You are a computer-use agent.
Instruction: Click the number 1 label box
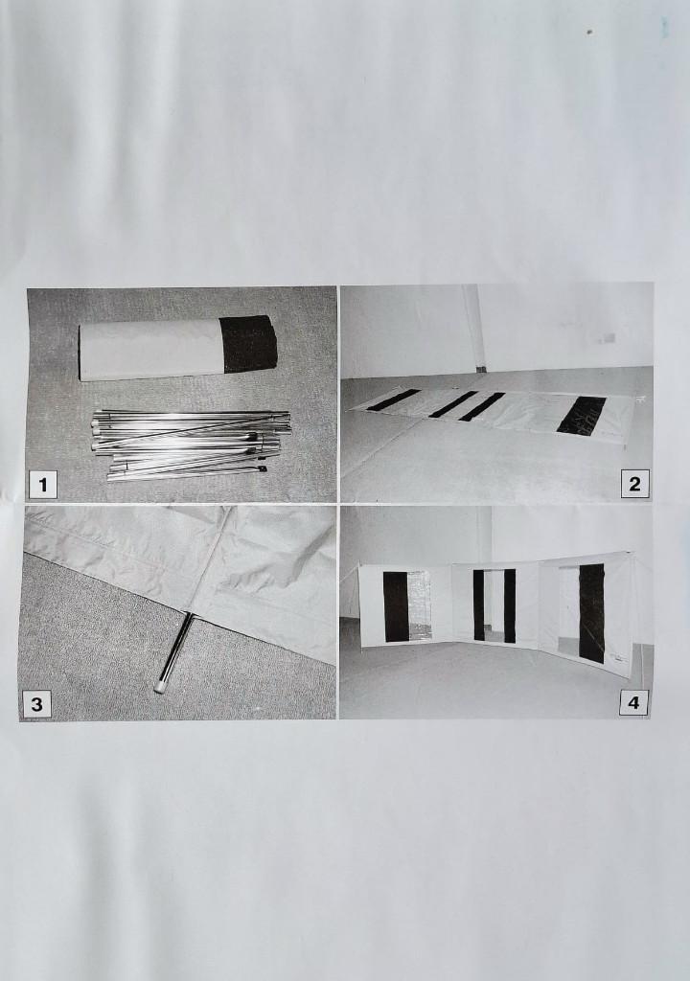42,484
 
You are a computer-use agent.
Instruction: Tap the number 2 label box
634,484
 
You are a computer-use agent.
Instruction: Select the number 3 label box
37,704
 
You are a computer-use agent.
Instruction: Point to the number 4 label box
633,702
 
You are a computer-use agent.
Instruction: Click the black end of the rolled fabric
249,344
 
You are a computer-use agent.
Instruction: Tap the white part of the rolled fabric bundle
150,350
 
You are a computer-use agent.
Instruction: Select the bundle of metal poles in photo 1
192,445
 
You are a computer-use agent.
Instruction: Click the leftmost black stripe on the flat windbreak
393,400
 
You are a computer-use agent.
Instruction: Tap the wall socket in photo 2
607,338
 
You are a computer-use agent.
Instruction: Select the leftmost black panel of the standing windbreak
395,606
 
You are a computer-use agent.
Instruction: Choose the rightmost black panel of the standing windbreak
591,613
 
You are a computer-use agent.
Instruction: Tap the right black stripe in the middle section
510,605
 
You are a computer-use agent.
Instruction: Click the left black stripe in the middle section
479,605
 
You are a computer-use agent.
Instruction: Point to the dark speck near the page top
589,32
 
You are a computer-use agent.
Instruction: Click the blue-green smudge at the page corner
664,25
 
